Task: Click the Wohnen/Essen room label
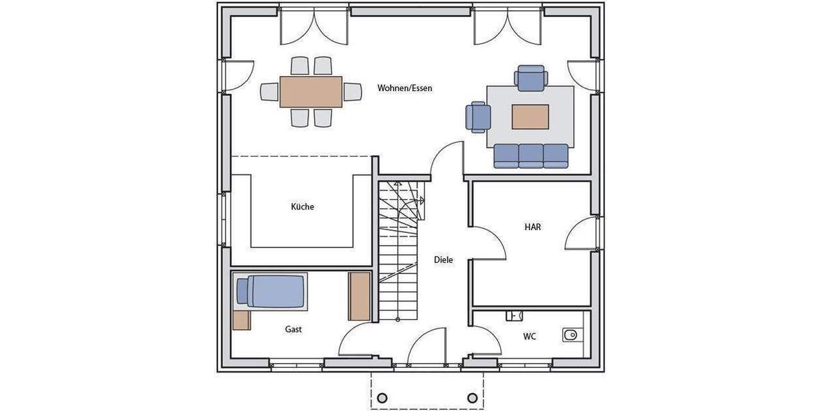pyautogui.click(x=405, y=88)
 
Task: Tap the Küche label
pyautogui.click(x=302, y=207)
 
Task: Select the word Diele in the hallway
pyautogui.click(x=443, y=260)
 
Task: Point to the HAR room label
pyautogui.click(x=533, y=227)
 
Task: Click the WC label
pyautogui.click(x=530, y=336)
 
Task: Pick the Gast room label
pyautogui.click(x=294, y=329)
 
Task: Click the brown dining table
pyautogui.click(x=311, y=92)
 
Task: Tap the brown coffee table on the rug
pyautogui.click(x=530, y=116)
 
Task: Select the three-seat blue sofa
pyautogui.click(x=532, y=156)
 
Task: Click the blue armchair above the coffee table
pyautogui.click(x=532, y=77)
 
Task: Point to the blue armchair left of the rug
pyautogui.click(x=478, y=116)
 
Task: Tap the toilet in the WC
pyautogui.click(x=569, y=335)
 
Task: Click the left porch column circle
pyautogui.click(x=382, y=398)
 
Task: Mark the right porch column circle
pyautogui.click(x=472, y=398)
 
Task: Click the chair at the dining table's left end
pyautogui.click(x=270, y=92)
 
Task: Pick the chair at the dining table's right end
pyautogui.click(x=352, y=92)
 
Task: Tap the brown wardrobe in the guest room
pyautogui.click(x=359, y=296)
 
